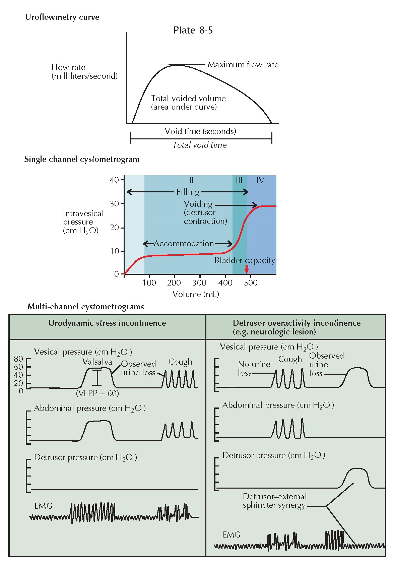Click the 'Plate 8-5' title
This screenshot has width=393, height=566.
tap(193, 30)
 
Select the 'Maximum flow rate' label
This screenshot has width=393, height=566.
tap(243, 65)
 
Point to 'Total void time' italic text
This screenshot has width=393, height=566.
tap(199, 145)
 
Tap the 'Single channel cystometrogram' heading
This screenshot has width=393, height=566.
tap(82, 159)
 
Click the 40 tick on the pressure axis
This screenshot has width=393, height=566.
tap(114, 180)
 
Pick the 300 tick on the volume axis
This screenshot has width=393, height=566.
tap(199, 282)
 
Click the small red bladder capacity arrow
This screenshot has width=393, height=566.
tap(247, 269)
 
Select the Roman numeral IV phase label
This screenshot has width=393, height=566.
tap(260, 181)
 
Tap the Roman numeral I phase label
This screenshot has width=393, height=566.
tap(132, 181)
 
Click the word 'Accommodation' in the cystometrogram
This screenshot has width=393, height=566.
tap(184, 244)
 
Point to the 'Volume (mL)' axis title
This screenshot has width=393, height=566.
tap(196, 294)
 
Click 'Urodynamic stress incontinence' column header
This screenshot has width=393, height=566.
tap(107, 323)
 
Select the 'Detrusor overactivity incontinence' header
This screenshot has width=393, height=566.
tap(297, 323)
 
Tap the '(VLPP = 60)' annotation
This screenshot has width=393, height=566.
tap(97, 393)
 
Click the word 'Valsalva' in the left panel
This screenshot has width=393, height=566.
tap(97, 362)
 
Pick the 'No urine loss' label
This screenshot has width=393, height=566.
tap(254, 369)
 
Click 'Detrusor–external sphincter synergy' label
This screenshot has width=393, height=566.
tap(275, 501)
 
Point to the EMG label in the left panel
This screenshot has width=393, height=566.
tap(44, 506)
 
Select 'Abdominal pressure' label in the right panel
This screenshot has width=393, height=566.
tap(278, 405)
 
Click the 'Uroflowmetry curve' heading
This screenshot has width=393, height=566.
tap(62, 17)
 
